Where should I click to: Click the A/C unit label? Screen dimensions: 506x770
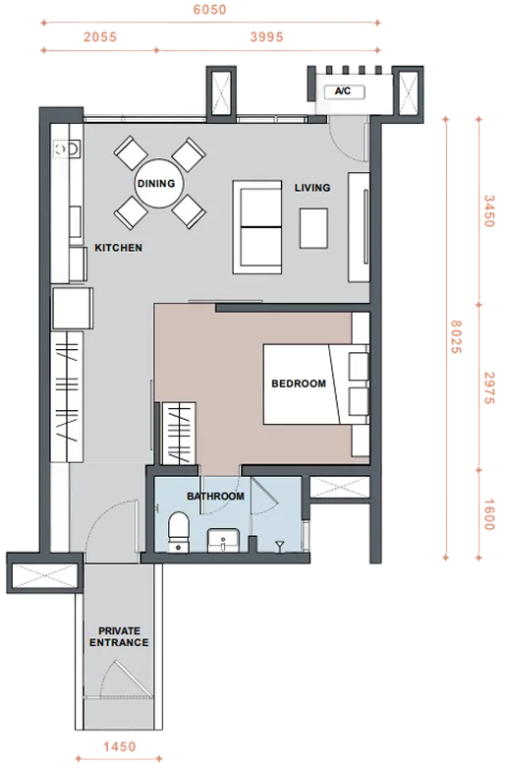343,90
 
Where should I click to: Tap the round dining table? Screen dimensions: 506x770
159,183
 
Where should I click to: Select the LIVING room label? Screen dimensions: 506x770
312,188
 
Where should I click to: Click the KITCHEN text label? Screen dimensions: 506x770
118,248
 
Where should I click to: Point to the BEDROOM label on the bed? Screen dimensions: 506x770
299,384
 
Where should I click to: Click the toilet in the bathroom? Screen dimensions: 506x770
178,532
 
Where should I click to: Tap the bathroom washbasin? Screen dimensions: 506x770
223,540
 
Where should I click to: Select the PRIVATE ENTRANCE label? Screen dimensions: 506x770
119,636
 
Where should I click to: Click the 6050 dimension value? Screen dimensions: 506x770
209,10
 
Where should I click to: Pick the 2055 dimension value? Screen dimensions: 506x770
100,36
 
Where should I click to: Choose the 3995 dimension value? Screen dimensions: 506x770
266,36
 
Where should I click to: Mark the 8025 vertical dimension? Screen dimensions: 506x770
456,337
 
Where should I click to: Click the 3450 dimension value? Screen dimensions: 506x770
489,211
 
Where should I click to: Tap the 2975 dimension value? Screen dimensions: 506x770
489,387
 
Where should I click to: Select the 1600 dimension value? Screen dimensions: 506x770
489,514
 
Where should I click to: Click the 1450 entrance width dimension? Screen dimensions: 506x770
119,747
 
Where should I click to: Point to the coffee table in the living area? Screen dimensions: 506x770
313,228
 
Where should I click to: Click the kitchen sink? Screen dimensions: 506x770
67,148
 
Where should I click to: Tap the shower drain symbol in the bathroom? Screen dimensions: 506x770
279,545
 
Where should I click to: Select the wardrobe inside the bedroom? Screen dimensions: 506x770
179,433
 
